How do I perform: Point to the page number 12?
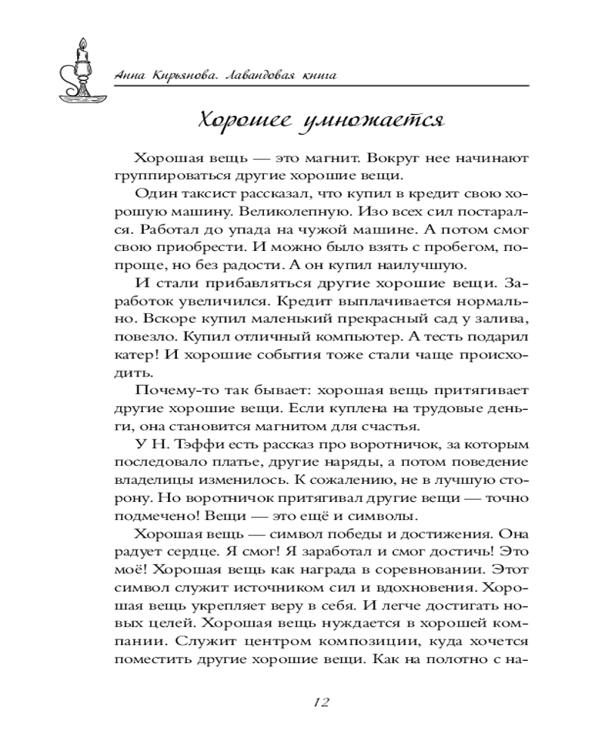[x=320, y=702]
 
